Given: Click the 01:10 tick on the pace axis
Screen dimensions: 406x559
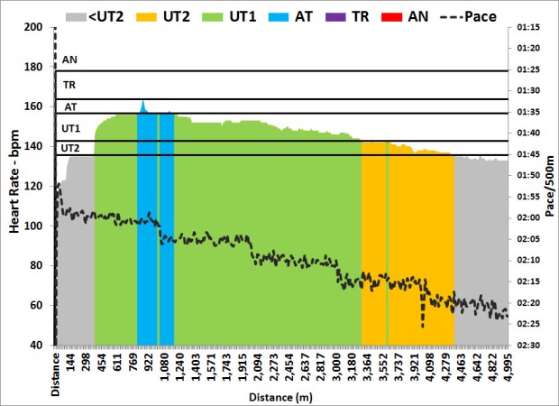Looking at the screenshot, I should (529, 27).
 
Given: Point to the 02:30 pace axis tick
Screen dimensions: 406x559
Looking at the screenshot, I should (529, 345).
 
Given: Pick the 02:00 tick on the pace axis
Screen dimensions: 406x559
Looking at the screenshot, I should (529, 217).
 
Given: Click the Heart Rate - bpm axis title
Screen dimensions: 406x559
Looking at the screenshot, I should (14, 186).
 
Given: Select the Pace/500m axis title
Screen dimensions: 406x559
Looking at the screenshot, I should (550, 186).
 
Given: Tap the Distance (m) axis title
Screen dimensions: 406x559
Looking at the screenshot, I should (280, 395).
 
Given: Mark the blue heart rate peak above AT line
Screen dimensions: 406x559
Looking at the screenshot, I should (142, 103).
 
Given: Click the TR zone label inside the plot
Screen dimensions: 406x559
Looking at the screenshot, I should (69, 85).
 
